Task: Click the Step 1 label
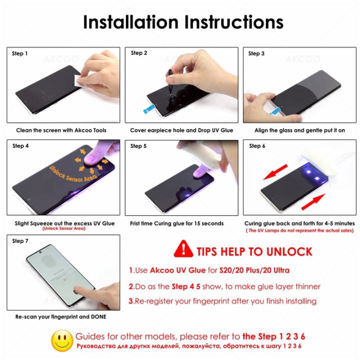(x=20, y=53)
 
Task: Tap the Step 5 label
(x=138, y=146)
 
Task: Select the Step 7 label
(x=20, y=241)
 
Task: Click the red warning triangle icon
(x=183, y=249)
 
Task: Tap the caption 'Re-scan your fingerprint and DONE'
(x=61, y=316)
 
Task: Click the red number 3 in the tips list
(x=131, y=301)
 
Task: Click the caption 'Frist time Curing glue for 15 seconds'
(x=176, y=223)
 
